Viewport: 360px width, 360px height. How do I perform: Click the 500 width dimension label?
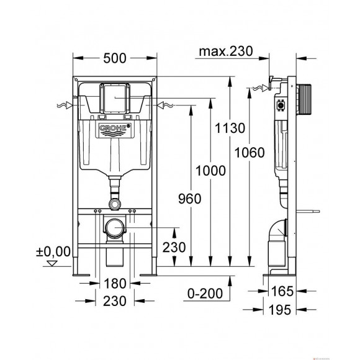pos(114,58)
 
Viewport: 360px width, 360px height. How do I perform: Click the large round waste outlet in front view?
pos(113,229)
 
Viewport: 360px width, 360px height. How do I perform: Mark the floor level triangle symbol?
pos(52,262)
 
